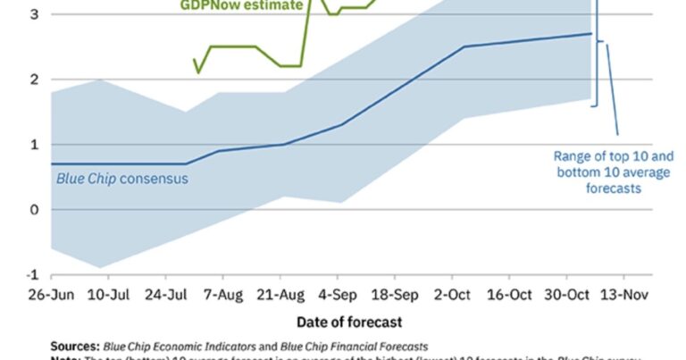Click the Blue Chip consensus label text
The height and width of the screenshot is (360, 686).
pos(121,178)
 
